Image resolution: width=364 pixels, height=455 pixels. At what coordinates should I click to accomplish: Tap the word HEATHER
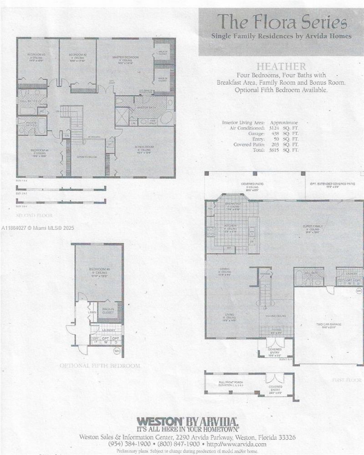pyautogui.click(x=281, y=66)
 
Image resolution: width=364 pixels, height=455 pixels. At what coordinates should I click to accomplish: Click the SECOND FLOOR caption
pyautogui.click(x=34, y=215)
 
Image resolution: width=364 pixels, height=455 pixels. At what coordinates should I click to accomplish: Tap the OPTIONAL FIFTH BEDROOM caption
pyautogui.click(x=100, y=365)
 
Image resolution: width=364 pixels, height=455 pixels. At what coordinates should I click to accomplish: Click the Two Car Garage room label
pyautogui.click(x=328, y=324)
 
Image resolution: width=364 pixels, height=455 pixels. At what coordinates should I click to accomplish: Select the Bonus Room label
pyautogui.click(x=143, y=148)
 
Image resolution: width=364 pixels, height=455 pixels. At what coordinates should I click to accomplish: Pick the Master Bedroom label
pyautogui.click(x=125, y=58)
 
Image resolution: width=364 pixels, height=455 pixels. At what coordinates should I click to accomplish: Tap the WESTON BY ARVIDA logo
pyautogui.click(x=187, y=421)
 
